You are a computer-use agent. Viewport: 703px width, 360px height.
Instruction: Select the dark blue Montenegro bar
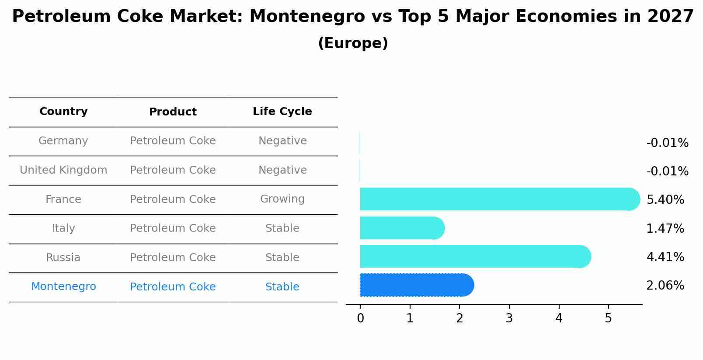[x=415, y=285]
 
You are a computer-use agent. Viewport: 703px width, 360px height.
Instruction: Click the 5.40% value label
[x=665, y=200]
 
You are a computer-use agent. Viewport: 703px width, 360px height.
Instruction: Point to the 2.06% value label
[x=665, y=286]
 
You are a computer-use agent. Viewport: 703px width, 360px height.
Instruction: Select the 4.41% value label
[x=665, y=257]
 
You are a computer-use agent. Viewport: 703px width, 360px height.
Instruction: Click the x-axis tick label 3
[x=509, y=318]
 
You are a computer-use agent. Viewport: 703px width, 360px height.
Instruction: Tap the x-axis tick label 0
[x=360, y=318]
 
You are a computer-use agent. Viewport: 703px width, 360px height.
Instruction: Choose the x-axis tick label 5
[x=608, y=318]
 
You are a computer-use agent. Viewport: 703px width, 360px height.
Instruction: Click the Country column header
[x=63, y=112]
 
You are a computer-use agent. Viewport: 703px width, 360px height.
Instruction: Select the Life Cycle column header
[x=282, y=112]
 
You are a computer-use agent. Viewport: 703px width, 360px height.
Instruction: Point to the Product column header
[x=173, y=112]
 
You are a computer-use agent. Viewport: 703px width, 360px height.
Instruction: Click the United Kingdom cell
[x=63, y=170]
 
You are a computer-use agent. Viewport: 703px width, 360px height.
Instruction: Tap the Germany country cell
[x=63, y=141]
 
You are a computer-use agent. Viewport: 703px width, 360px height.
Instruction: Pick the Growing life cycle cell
[x=282, y=199]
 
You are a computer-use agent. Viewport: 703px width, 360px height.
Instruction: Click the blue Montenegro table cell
[x=63, y=287]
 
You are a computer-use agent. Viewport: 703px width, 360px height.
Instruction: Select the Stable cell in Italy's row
[x=282, y=228]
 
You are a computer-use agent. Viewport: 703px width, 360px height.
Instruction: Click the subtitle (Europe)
[x=353, y=43]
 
